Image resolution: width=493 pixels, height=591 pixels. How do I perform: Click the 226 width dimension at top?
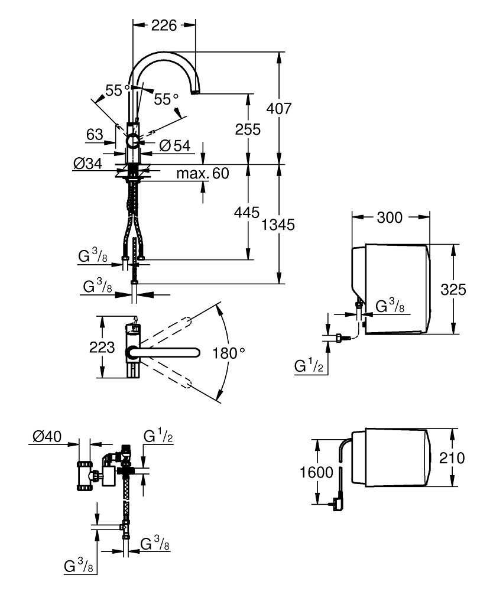tap(164, 25)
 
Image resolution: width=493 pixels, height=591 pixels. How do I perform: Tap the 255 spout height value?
tap(248, 129)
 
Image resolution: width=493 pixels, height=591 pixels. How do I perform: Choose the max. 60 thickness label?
tap(202, 173)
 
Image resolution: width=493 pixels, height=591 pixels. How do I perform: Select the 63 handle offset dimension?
tap(95, 134)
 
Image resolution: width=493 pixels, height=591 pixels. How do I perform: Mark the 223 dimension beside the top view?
tap(102, 348)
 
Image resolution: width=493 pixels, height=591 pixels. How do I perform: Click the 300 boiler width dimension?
tap(390, 217)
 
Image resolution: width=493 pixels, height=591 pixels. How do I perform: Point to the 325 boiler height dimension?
tap(454, 289)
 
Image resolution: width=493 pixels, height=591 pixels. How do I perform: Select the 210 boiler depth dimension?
tap(453, 458)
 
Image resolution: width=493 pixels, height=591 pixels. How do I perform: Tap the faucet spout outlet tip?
tap(196, 92)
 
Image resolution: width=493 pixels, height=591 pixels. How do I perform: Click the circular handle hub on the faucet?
tap(132, 142)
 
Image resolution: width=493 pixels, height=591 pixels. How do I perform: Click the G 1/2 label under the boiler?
tap(309, 365)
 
